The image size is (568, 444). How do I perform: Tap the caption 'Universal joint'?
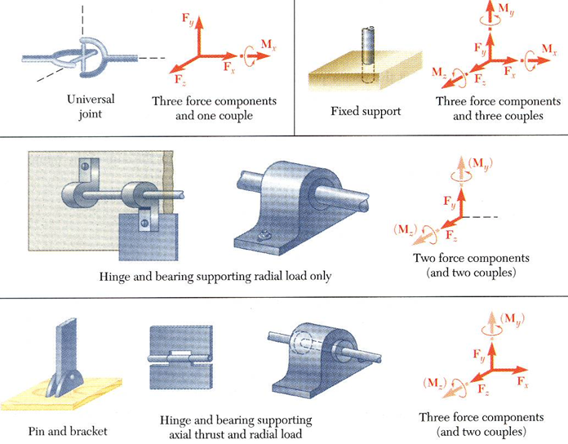[x=91, y=106]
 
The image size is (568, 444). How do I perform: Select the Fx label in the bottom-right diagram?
[x=521, y=384]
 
